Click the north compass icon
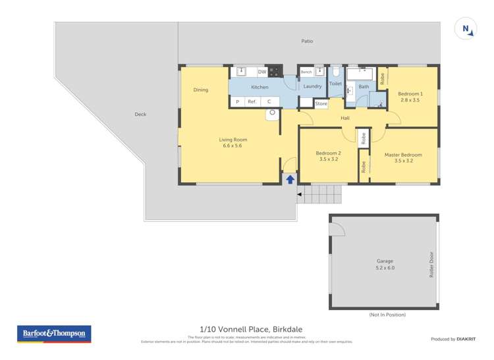point(466,29)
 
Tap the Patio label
point(307,41)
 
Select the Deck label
point(140,115)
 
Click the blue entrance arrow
point(290,178)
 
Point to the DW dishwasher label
point(261,72)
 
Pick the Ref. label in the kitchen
point(252,102)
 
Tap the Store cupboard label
point(321,104)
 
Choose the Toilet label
point(335,84)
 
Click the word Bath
point(364,86)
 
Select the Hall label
point(345,118)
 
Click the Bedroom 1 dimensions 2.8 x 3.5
point(410,101)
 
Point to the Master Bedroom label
point(403,155)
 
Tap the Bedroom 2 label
point(328,153)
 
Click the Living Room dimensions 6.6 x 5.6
point(233,146)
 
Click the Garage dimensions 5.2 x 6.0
point(385,268)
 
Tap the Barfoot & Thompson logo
point(53,334)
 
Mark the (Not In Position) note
point(387,315)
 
